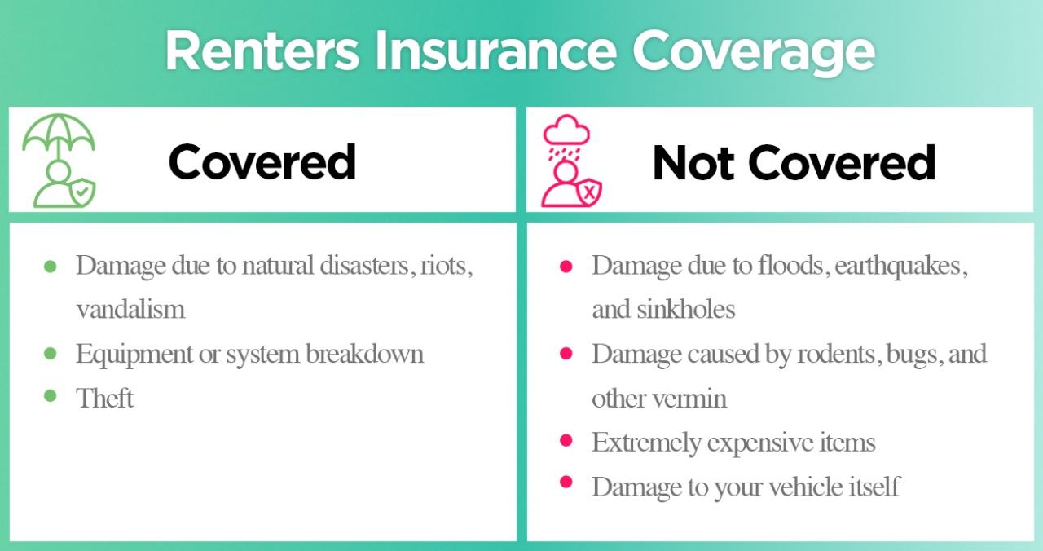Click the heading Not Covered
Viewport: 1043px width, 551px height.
794,162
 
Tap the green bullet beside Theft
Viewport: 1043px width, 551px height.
51,396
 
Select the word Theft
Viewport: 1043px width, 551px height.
104,399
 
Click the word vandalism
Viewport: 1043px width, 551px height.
130,310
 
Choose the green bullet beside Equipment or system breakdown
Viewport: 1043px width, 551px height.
51,353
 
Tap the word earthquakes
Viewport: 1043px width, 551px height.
900,266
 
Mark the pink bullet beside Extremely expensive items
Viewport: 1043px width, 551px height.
566,441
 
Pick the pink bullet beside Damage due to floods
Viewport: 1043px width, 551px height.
566,266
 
